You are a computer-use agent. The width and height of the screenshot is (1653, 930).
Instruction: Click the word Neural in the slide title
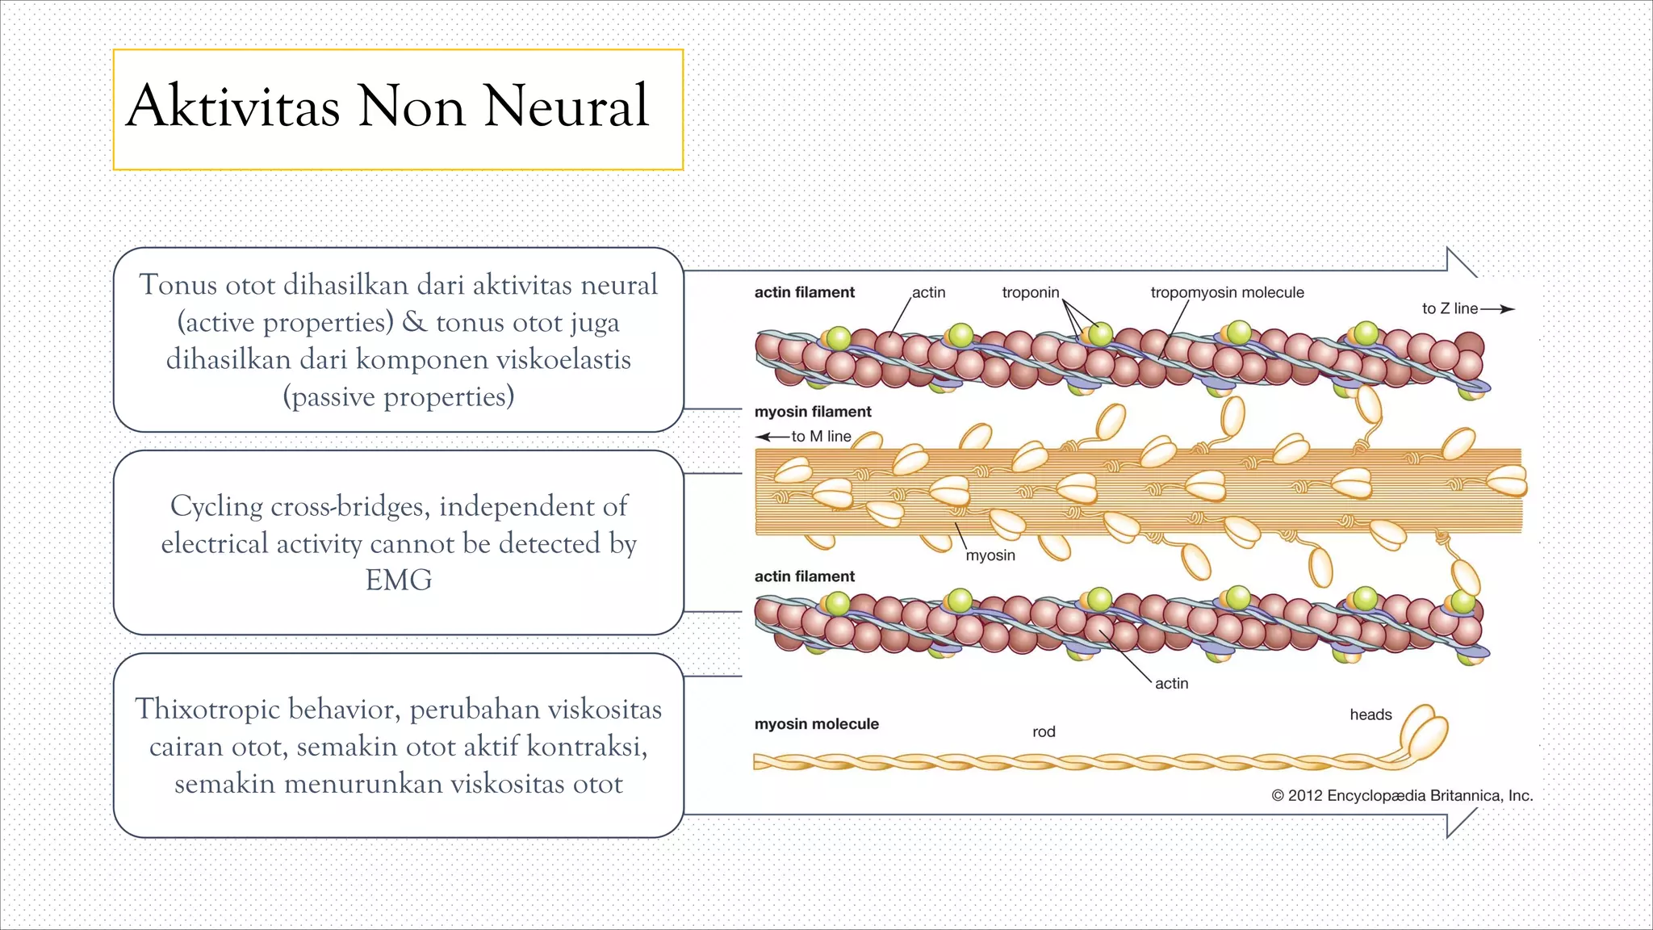click(x=566, y=107)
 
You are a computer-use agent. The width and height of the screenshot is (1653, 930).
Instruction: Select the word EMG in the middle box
click(x=399, y=580)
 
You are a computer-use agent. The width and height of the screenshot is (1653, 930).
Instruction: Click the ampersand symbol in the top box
click(x=414, y=322)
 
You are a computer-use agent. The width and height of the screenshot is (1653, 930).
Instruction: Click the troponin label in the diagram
click(x=1030, y=292)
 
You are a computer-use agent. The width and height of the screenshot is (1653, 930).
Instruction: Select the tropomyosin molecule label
click(x=1227, y=292)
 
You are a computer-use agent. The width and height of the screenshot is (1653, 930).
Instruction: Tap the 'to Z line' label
click(x=1450, y=308)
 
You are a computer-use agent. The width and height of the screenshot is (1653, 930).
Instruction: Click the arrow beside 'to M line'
click(x=772, y=437)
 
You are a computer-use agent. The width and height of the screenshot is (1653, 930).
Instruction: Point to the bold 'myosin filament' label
click(x=813, y=412)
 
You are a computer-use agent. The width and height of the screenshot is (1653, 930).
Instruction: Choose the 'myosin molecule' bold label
click(x=816, y=724)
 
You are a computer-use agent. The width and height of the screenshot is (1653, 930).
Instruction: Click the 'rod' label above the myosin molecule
click(x=1044, y=732)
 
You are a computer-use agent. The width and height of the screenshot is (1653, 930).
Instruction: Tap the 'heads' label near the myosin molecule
click(x=1371, y=714)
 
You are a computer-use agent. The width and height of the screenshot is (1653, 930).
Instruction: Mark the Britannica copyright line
click(x=1402, y=796)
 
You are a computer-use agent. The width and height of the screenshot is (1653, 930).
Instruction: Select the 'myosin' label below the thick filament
click(x=990, y=555)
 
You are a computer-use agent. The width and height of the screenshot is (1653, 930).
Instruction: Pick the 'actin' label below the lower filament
click(x=1171, y=684)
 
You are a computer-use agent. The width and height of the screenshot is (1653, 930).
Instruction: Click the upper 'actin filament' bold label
click(x=804, y=292)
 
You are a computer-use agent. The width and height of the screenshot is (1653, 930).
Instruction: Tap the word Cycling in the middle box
click(x=216, y=506)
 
